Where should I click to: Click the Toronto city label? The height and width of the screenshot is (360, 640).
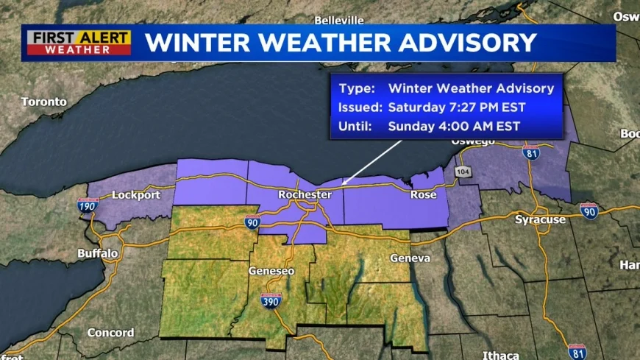click(x=43, y=102)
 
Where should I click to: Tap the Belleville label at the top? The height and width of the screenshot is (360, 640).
click(x=339, y=20)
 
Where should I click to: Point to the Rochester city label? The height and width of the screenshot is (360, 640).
click(x=305, y=195)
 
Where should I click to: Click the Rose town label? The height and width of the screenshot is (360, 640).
click(x=423, y=195)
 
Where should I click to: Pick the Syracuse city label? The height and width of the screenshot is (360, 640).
click(x=540, y=219)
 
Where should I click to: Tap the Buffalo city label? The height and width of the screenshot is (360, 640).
click(x=98, y=253)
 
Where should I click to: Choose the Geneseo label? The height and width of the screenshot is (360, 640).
click(x=271, y=271)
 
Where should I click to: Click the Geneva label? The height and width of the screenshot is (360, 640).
click(x=410, y=258)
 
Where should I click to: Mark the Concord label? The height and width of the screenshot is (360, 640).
click(x=110, y=333)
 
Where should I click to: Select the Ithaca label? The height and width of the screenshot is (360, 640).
click(x=501, y=355)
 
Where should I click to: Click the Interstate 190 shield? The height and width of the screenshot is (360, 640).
click(x=88, y=207)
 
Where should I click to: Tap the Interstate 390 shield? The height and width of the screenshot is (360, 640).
click(x=271, y=301)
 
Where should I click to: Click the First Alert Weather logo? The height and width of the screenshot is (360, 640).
click(x=79, y=43)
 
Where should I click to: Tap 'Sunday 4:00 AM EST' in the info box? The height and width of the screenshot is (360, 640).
click(x=454, y=126)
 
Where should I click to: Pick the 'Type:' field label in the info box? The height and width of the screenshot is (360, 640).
click(x=355, y=88)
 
